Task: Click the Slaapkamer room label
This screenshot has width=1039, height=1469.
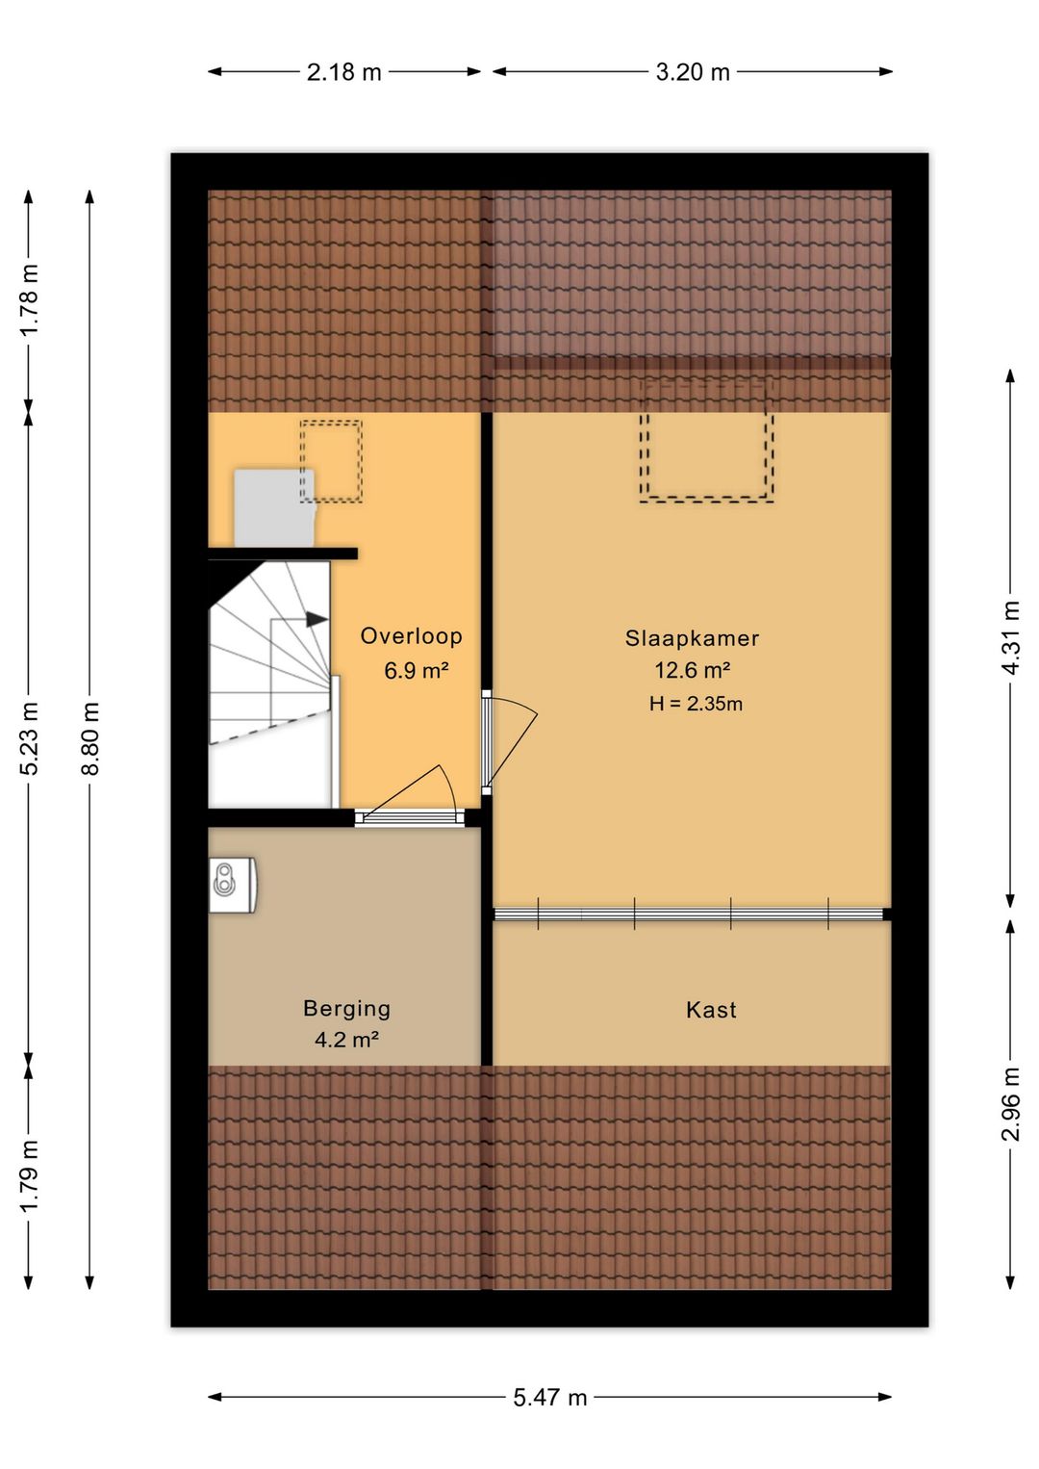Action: click(x=692, y=638)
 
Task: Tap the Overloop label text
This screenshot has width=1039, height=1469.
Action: click(x=412, y=636)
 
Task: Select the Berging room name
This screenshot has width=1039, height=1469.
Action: click(x=346, y=1009)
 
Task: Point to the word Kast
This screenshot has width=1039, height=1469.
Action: click(x=711, y=1010)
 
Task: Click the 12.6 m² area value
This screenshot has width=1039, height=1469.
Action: click(x=693, y=670)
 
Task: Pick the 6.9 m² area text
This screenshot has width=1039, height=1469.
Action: click(x=417, y=671)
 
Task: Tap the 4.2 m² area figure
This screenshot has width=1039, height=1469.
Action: click(x=346, y=1040)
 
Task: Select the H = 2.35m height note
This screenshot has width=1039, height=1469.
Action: click(x=696, y=705)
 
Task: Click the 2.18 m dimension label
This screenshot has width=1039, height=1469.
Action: click(x=344, y=72)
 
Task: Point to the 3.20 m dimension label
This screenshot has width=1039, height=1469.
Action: click(x=693, y=72)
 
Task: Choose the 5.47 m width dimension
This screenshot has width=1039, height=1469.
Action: click(x=550, y=1398)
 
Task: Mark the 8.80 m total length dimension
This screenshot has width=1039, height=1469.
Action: click(x=90, y=738)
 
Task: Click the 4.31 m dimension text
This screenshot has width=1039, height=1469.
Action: click(x=1011, y=638)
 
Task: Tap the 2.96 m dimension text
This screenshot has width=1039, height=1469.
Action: click(x=1011, y=1104)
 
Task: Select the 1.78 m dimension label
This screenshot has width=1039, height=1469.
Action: click(x=29, y=299)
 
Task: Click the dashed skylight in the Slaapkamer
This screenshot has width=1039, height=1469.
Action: click(x=707, y=440)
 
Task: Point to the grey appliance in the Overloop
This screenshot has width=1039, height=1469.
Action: click(x=274, y=507)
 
